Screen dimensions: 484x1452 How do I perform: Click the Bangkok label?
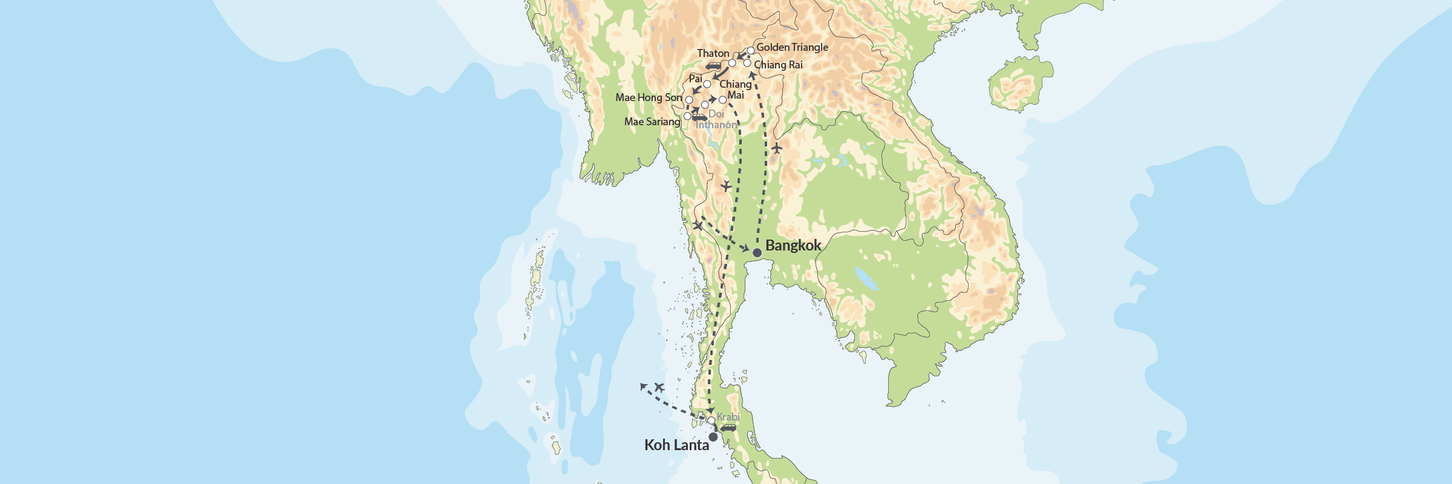(x=793, y=245)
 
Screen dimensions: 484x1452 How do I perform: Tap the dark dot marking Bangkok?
(x=757, y=252)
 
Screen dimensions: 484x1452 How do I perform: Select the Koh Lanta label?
(x=676, y=445)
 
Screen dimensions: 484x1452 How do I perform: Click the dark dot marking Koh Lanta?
(x=713, y=437)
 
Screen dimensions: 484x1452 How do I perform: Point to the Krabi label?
(x=728, y=417)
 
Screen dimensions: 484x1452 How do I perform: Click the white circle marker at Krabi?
(x=711, y=420)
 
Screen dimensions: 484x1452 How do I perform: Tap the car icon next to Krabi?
(x=728, y=428)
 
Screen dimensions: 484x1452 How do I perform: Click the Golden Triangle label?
(x=792, y=47)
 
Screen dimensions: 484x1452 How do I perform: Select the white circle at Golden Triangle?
(x=751, y=50)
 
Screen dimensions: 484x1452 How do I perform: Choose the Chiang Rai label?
(x=778, y=65)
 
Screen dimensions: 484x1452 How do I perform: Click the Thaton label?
(x=713, y=53)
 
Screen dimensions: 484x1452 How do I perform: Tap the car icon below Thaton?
(x=714, y=66)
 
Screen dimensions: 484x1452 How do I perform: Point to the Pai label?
(x=696, y=79)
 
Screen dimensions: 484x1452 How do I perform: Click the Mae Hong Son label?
(x=649, y=97)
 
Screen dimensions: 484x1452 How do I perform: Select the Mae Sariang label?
(x=652, y=122)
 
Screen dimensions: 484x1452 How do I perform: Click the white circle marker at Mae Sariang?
(x=687, y=116)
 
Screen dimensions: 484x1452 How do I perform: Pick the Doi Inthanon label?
(x=716, y=119)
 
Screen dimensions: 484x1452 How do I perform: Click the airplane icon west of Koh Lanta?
(x=659, y=387)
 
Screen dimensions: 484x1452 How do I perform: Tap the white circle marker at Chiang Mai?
(x=722, y=100)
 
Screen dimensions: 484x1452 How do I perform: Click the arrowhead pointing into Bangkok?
(x=745, y=249)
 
